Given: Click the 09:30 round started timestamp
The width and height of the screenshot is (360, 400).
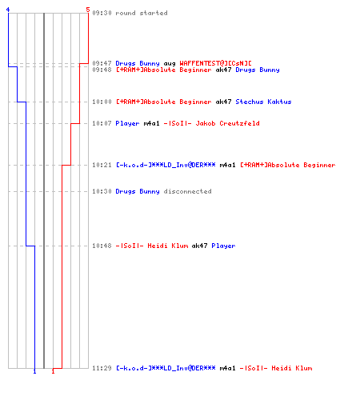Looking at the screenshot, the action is tap(102, 13).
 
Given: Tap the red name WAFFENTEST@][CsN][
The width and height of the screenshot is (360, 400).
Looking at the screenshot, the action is tap(215, 63).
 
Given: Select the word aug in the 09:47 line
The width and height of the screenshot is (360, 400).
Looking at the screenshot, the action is tap(170, 64).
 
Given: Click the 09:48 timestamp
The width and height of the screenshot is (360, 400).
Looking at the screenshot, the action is tap(102, 70).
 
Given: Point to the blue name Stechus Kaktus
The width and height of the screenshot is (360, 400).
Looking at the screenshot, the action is tap(263, 102).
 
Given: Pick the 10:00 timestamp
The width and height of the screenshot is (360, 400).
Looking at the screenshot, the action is tap(102, 102).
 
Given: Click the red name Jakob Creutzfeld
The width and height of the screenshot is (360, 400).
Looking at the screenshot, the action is tap(227, 123).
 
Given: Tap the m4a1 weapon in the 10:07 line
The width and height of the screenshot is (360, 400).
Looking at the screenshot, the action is tap(151, 123).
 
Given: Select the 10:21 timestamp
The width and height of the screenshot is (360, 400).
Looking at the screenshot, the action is tap(102, 165).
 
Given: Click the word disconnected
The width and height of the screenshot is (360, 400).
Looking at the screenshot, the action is tap(187, 191).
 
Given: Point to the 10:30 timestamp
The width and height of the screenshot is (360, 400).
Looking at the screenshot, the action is tap(102, 191).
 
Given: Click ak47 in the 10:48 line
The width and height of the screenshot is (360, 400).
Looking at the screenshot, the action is tap(199, 246).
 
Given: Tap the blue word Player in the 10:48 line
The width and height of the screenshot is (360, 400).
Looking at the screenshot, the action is tap(223, 246).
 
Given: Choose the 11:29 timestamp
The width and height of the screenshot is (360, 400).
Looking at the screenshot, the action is tap(102, 368).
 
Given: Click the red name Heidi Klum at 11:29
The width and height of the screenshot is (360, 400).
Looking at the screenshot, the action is tap(292, 368).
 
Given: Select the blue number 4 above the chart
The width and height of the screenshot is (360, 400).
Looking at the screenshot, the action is tap(8, 10).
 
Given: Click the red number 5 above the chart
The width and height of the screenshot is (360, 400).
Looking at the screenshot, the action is tap(88, 10).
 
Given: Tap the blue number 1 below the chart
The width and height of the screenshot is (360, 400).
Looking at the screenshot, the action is tap(34, 371).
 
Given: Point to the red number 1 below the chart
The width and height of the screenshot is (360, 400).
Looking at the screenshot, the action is tap(53, 371).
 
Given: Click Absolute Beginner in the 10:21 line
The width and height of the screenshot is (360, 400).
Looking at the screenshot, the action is tap(302, 165).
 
